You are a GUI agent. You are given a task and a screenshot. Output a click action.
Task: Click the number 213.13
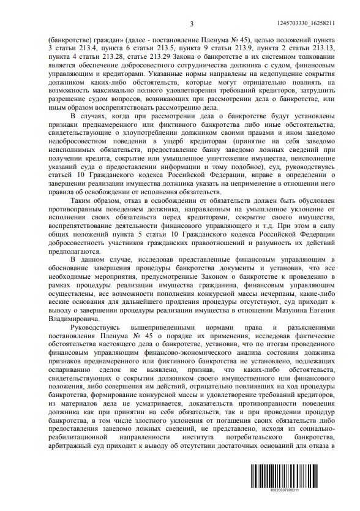point(323,47)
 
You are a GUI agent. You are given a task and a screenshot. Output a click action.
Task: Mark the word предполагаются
point(73,251)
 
